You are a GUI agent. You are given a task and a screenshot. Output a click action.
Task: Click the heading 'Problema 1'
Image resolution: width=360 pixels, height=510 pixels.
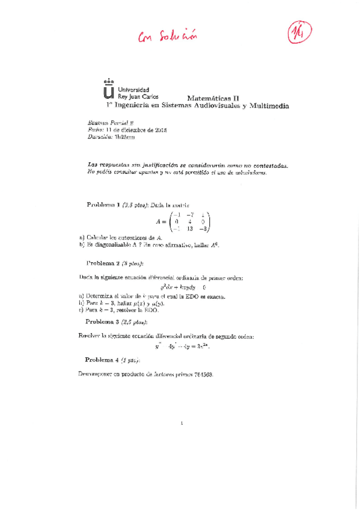(104, 205)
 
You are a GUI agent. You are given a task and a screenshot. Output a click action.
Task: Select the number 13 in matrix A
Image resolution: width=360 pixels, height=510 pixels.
(189, 229)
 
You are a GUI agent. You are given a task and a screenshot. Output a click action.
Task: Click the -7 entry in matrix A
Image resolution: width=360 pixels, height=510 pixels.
(189, 215)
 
